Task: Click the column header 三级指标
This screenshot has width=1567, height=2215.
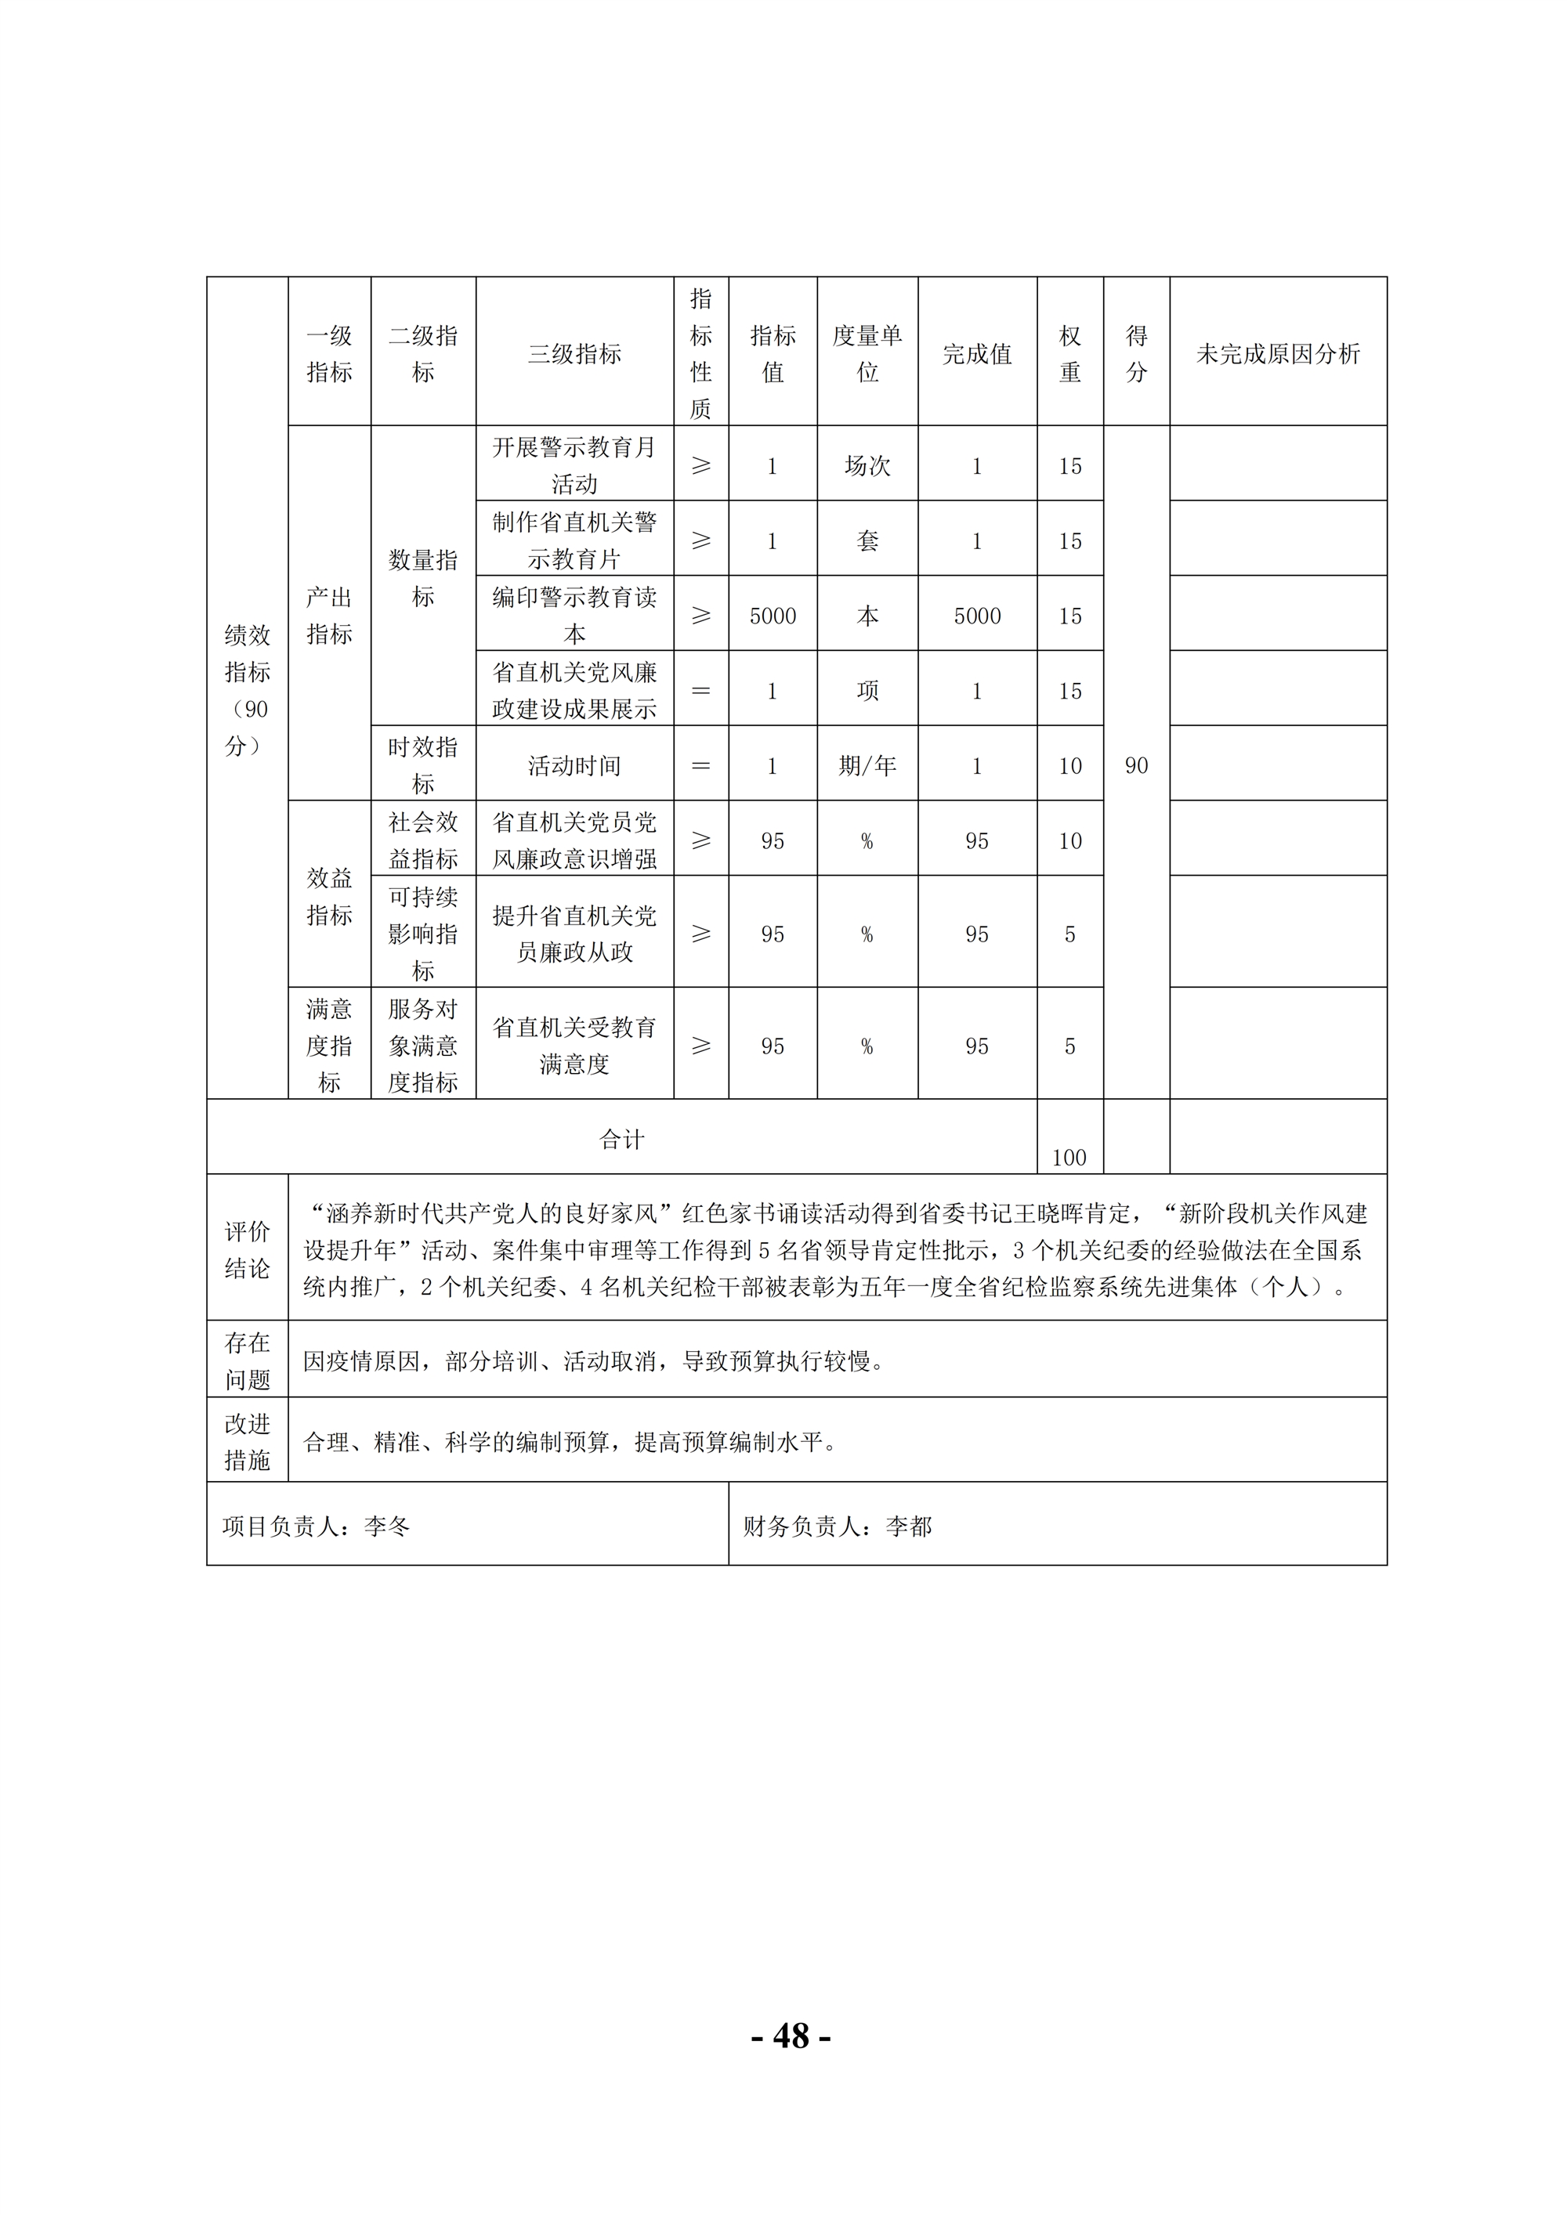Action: pos(574,354)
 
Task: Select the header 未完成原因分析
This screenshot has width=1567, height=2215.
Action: pos(1278,354)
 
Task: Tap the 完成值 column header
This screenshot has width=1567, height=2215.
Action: pos(976,354)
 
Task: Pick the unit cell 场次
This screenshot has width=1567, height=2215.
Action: pos(867,466)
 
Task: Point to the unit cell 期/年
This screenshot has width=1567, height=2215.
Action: pos(867,766)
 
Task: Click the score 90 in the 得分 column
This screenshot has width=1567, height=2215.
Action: pos(1136,766)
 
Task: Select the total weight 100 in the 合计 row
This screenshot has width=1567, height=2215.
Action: pos(1069,1158)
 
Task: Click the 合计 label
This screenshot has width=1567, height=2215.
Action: pos(621,1140)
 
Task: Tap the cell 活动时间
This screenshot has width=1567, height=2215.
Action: pos(574,766)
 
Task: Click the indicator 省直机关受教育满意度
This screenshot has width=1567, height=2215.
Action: pos(574,1046)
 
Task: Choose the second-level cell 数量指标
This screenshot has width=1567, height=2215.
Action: pos(422,578)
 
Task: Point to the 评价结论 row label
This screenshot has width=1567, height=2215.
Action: pos(247,1249)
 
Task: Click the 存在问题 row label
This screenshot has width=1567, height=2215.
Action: pos(247,1360)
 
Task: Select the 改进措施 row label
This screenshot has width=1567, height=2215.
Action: pos(247,1441)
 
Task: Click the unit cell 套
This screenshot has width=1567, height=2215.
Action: pos(867,541)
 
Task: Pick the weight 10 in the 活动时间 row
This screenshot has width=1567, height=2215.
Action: pos(1069,766)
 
